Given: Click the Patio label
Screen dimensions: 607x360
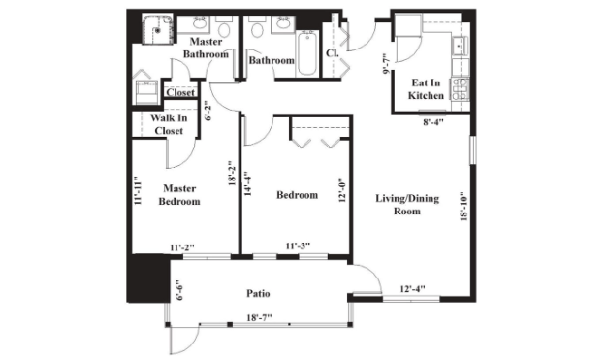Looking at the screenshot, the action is point(258,293).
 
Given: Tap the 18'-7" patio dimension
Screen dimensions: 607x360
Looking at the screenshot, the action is point(259,317).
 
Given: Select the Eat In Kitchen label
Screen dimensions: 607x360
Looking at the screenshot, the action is point(426,89).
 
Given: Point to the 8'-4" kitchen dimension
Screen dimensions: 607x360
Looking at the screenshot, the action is point(432,122).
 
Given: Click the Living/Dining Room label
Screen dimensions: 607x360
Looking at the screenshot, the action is point(407,205).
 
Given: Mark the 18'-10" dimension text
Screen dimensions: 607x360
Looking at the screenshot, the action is point(464,206).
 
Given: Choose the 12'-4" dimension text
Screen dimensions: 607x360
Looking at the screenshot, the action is point(413,289).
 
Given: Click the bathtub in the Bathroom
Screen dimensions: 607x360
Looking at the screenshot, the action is point(307,53).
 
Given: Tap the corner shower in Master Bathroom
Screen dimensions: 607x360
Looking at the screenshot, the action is point(158,29).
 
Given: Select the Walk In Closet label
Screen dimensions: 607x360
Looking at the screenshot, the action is point(169,124).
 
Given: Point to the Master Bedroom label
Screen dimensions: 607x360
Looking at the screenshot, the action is point(179,194).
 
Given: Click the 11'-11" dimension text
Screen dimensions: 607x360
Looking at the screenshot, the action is point(136,190).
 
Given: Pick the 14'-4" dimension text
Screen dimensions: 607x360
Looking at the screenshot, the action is point(247,183).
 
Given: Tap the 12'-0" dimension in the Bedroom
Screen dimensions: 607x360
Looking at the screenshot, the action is point(342,190).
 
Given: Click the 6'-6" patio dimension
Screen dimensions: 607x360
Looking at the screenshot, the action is point(178,290).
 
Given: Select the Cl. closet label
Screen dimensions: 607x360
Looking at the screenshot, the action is point(333,53).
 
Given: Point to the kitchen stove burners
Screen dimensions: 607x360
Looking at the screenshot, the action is point(459,89).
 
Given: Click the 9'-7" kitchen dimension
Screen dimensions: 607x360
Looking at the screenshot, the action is point(386,63).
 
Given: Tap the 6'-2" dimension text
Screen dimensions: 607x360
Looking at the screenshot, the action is point(208,111).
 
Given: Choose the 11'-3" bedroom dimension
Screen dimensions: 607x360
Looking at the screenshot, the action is point(298,246).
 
